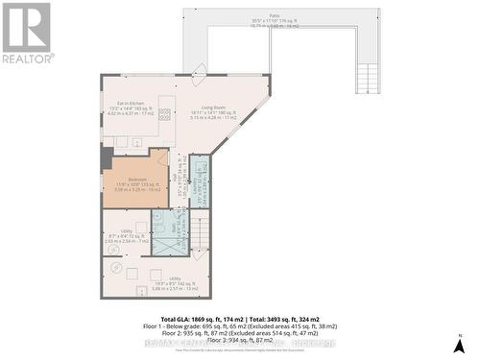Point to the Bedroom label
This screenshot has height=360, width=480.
tap(134, 184)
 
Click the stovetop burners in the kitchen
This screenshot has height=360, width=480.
tap(165, 115)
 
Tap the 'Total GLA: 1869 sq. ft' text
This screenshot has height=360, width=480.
tap(202, 318)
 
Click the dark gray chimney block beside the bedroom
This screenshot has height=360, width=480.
tap(107, 158)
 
